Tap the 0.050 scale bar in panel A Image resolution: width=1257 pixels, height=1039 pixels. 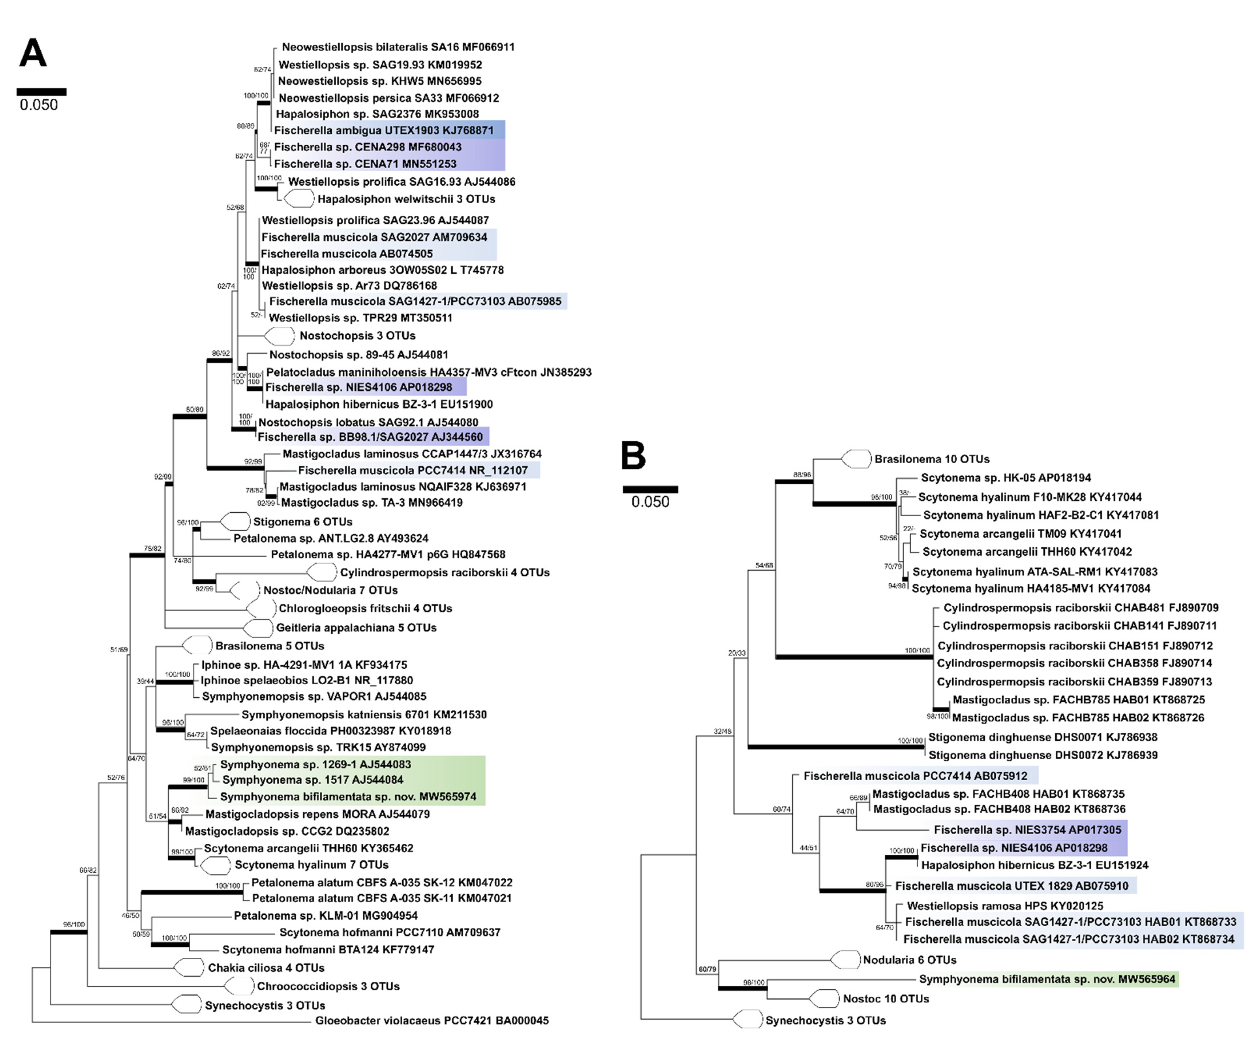pos(41,92)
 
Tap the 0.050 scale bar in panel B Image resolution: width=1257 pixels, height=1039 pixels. pos(650,489)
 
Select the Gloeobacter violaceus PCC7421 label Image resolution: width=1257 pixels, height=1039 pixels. pos(432,1020)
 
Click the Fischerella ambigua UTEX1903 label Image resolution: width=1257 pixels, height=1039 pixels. pos(384,130)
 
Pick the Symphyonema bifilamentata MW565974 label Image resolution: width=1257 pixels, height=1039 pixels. pos(348,797)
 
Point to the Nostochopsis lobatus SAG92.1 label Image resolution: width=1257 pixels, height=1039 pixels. pos(368,422)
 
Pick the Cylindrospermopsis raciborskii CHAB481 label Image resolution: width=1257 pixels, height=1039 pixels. pos(1080,608)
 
